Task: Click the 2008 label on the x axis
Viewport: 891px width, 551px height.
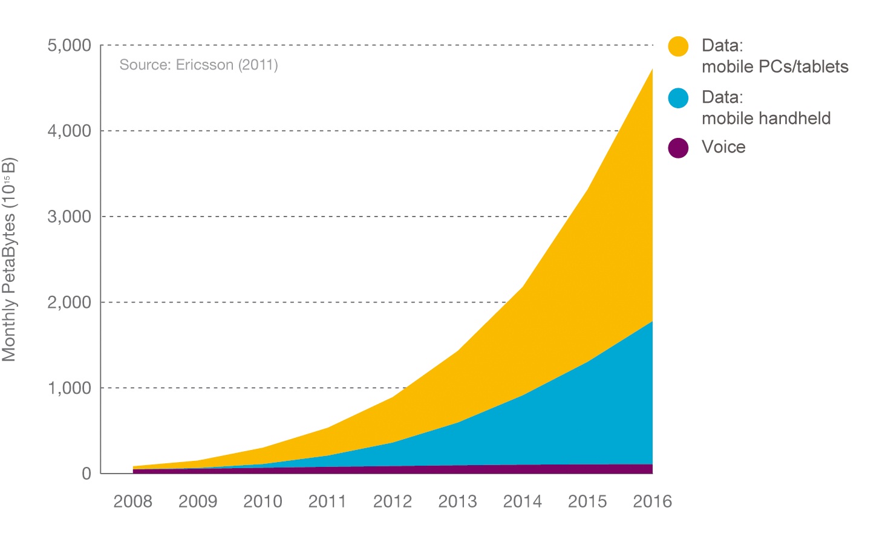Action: [132, 501]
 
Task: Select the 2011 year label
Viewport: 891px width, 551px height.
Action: [327, 501]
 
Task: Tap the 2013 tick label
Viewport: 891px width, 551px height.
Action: [457, 501]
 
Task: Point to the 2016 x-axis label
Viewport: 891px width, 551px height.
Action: [652, 501]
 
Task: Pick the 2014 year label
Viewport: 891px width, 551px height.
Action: [522, 501]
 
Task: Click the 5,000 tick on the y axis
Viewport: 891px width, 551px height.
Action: [69, 45]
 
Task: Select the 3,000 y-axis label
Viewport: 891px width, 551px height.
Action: [69, 217]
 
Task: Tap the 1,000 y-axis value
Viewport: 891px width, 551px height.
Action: [69, 388]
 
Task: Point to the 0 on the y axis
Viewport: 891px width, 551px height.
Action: [86, 474]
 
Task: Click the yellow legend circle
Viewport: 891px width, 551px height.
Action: [678, 47]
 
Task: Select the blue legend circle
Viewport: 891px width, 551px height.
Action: [678, 98]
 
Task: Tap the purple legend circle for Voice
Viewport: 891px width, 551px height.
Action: [678, 148]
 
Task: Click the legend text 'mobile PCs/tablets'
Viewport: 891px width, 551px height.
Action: [775, 67]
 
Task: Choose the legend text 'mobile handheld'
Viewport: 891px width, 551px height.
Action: [766, 118]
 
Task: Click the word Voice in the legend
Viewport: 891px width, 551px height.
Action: [723, 147]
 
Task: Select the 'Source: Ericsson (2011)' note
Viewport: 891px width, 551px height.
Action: [198, 65]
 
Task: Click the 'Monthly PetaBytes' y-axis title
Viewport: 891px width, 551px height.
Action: [10, 260]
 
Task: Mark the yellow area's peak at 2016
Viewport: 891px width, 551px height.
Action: [651, 70]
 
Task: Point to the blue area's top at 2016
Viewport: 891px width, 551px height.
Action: [651, 322]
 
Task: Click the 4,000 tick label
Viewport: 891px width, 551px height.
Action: [69, 131]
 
